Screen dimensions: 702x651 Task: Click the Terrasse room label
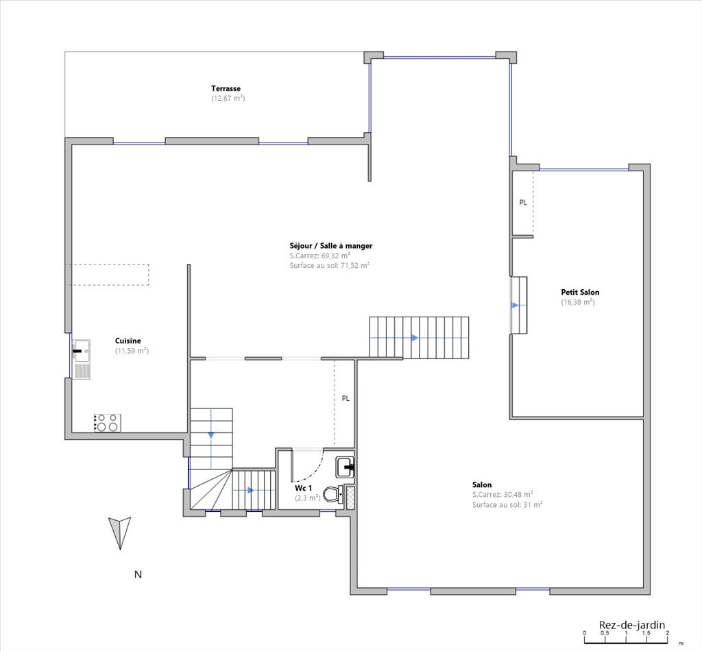click(226, 88)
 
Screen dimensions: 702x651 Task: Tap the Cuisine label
click(128, 341)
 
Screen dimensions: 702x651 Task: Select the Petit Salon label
click(580, 292)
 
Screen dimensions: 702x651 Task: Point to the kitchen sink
click(82, 359)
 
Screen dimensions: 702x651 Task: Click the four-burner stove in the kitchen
click(108, 423)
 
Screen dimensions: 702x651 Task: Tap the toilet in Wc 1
click(333, 494)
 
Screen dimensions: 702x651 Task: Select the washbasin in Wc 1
click(346, 467)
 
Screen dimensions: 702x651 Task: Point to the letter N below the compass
click(138, 574)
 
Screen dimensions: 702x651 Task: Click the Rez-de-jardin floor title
click(632, 624)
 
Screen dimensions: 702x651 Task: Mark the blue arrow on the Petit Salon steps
click(516, 305)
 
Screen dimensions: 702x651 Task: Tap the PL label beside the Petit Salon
click(523, 203)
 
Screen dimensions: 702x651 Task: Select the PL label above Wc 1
click(346, 398)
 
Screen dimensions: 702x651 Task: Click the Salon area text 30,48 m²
click(518, 494)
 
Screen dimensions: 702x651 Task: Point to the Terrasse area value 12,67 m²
click(228, 99)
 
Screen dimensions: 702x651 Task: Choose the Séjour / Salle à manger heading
click(331, 245)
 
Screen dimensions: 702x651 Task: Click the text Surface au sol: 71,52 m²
click(330, 265)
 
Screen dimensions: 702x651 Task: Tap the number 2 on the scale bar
click(667, 633)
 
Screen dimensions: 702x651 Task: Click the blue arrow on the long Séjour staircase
click(415, 338)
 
